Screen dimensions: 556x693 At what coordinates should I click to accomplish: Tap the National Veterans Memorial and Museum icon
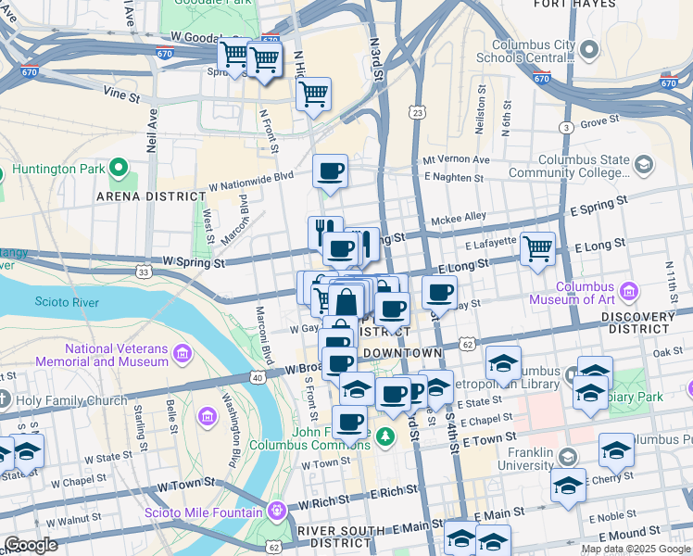pos(182,355)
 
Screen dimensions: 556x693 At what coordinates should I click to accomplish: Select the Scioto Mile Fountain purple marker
pos(276,512)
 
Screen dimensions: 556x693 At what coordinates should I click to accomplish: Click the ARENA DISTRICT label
pos(150,196)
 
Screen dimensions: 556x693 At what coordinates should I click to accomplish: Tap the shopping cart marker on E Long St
pos(537,248)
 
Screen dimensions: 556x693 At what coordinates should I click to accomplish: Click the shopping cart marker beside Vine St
pos(314,93)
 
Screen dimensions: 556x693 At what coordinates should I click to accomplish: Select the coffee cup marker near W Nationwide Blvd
pos(330,171)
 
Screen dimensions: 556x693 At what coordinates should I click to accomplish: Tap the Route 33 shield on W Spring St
pos(143,272)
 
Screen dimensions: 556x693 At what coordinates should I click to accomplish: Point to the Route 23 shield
pos(419,112)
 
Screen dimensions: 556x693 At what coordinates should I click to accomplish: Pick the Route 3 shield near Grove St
pos(564,127)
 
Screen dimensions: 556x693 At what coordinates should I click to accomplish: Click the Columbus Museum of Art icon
pos(630,292)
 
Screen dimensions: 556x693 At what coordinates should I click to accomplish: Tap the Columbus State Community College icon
pos(642,165)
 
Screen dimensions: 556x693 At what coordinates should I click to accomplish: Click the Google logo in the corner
pos(31,544)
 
